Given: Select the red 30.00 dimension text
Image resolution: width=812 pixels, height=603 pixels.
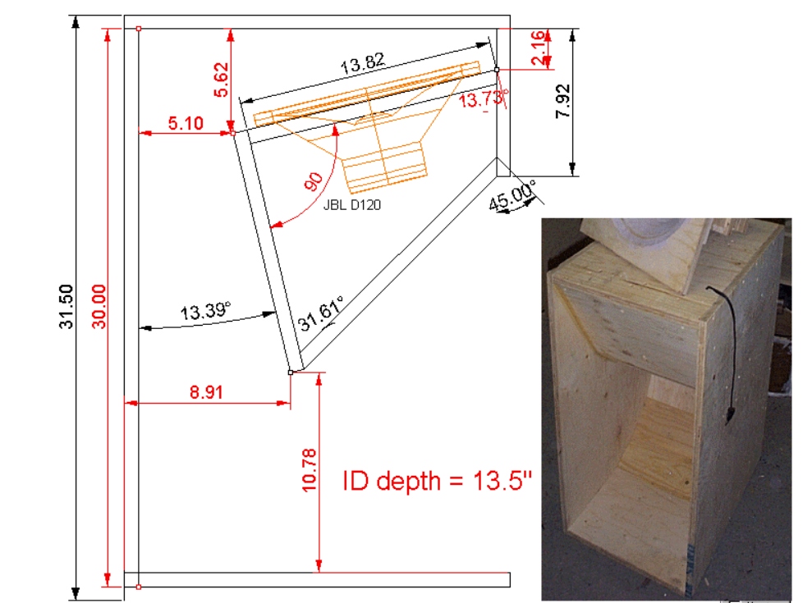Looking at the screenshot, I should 98,306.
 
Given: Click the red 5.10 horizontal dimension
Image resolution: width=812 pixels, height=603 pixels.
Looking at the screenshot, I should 185,123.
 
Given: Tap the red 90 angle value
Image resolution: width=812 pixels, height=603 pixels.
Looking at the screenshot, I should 314,182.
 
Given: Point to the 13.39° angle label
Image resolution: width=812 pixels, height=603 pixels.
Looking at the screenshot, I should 205,312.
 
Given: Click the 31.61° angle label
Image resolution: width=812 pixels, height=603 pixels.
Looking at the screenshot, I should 320,314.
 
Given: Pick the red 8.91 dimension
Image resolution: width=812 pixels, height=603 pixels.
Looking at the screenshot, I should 206,392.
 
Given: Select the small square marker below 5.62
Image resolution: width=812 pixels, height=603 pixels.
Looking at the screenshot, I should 232,131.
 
